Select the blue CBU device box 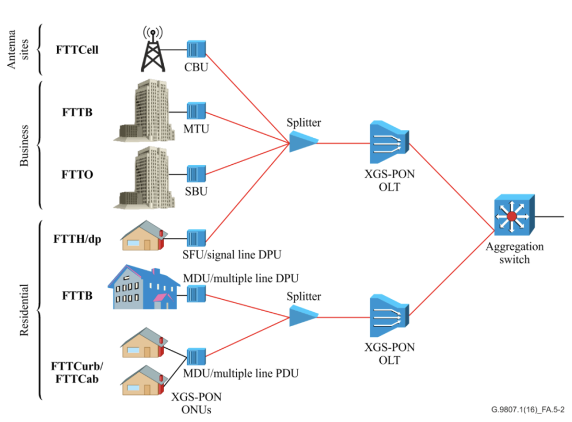(196, 49)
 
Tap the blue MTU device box (196, 111)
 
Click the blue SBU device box (196, 174)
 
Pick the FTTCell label (77, 50)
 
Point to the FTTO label (77, 174)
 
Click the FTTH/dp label (77, 239)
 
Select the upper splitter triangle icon (303, 142)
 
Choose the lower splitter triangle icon (303, 316)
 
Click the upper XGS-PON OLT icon (389, 143)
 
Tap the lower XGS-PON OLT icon (389, 316)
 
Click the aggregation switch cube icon (514, 215)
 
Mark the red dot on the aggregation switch (512, 216)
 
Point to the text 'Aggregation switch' (514, 253)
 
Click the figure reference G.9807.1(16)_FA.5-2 (528, 410)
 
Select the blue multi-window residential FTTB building (144, 287)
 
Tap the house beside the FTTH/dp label (144, 235)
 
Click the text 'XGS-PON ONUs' (196, 403)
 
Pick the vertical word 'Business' (24, 146)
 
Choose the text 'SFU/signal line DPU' (232, 255)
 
